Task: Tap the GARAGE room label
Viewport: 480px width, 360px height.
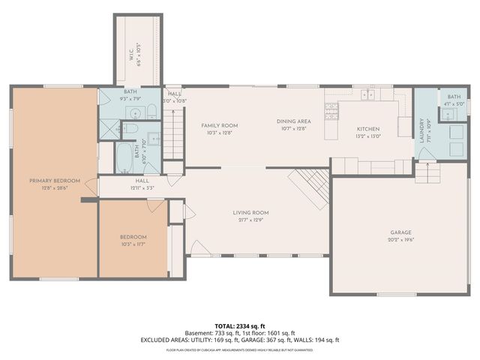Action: coord(402,232)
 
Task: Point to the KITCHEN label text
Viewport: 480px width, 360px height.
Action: coord(367,128)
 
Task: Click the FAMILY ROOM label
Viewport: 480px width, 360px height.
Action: coord(219,125)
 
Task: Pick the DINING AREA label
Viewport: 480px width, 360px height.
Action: coord(293,121)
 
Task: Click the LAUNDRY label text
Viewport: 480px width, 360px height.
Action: coord(422,130)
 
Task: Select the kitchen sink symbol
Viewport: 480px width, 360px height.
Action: coord(367,95)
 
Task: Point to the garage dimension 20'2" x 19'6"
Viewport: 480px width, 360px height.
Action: coord(402,240)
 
